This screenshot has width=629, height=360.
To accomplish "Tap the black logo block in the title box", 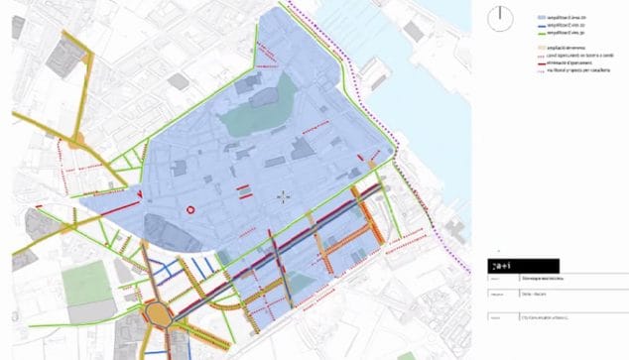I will coord(524,266).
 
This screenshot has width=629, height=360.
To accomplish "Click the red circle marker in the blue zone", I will coord(189,209).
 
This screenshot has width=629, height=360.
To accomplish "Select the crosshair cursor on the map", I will coord(284,196).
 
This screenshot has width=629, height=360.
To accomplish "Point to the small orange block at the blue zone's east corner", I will coord(371,163).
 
